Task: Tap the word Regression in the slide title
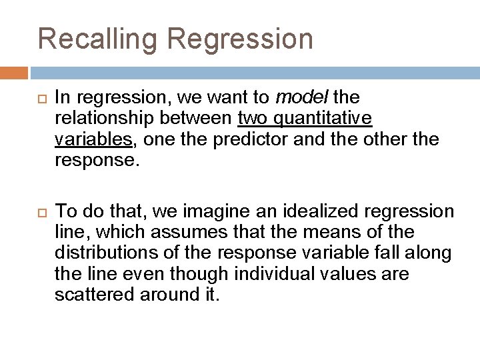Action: [239, 38]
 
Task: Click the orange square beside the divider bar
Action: [14, 72]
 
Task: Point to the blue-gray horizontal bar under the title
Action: [253, 72]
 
